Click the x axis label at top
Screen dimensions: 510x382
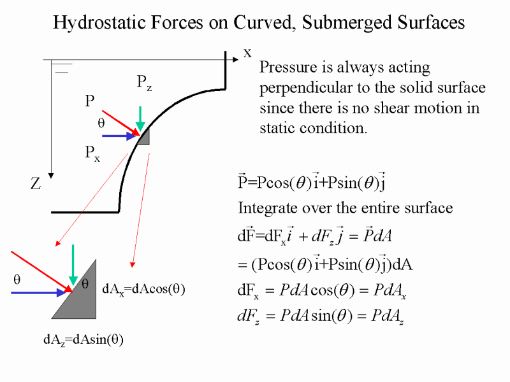tap(247, 53)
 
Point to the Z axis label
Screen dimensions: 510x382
tap(36, 183)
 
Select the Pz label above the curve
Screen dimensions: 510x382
tap(144, 83)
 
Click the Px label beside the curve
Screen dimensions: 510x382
tap(92, 153)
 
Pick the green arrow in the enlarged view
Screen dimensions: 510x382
tap(73, 265)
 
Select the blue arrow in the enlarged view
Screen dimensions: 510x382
tap(39, 293)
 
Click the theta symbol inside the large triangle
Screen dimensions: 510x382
tap(85, 284)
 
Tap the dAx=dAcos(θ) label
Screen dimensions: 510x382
tap(143, 289)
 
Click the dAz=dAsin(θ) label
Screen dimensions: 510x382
tap(84, 340)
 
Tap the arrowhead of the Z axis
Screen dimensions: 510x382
tap(51, 176)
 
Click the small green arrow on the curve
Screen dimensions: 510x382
tap(140, 118)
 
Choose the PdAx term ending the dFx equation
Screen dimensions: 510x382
tap(390, 290)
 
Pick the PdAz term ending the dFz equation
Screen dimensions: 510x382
tap(388, 316)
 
